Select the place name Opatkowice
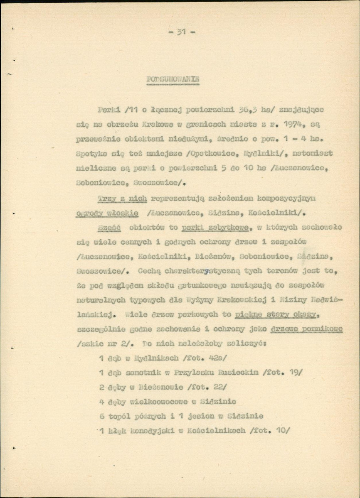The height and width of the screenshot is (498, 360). pos(207,154)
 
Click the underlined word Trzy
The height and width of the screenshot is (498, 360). pos(107,199)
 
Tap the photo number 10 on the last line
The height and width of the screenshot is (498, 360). pos(281,430)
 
